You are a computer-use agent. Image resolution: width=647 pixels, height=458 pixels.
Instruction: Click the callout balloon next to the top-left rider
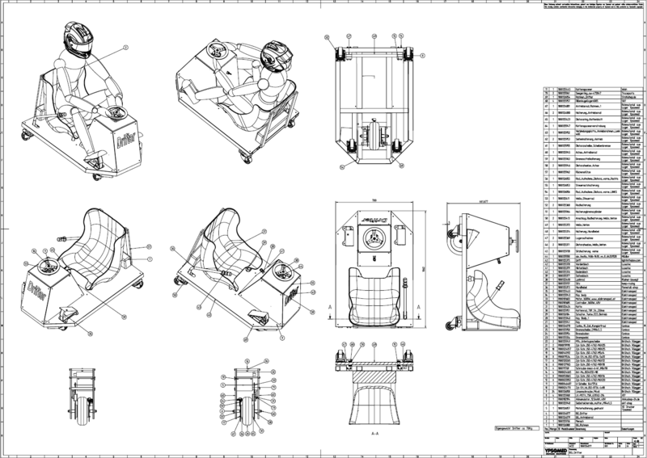[127, 48]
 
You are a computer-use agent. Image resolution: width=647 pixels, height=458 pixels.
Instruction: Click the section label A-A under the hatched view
[374, 433]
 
